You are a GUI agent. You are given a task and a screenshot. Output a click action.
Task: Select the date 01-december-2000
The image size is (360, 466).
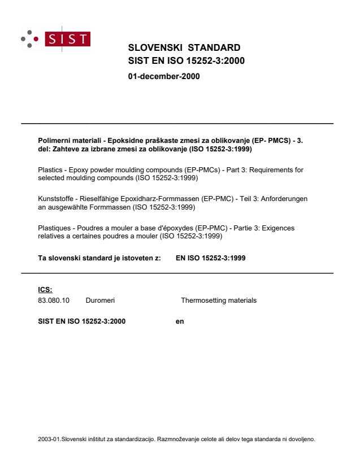(164, 76)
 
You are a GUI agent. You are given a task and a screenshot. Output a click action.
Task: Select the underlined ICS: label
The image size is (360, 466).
(45, 289)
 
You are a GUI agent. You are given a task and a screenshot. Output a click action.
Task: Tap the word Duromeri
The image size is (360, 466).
(100, 300)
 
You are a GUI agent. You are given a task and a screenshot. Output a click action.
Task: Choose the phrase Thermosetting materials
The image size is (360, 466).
(218, 300)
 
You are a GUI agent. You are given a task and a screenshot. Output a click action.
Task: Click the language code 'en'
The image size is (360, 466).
(180, 321)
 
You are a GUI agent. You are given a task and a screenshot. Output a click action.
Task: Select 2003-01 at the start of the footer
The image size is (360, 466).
(48, 438)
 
